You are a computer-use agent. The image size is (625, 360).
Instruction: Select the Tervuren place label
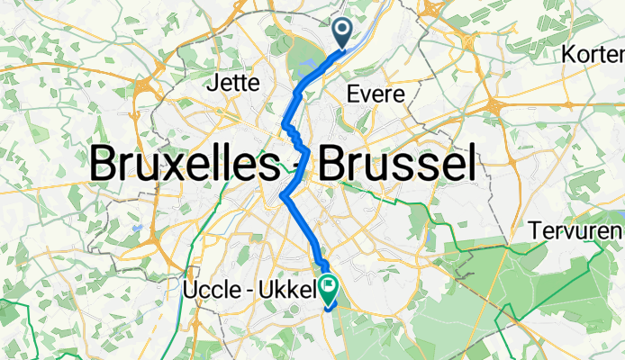coord(576,229)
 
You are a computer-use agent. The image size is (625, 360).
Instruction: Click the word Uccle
coord(207,290)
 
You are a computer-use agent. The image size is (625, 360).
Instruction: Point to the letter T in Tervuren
coord(537,229)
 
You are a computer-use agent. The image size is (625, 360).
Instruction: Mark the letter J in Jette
coord(213,84)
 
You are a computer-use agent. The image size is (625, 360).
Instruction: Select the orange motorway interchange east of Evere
coord(494,108)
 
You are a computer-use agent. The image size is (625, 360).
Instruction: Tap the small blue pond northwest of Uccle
coord(134,228)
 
